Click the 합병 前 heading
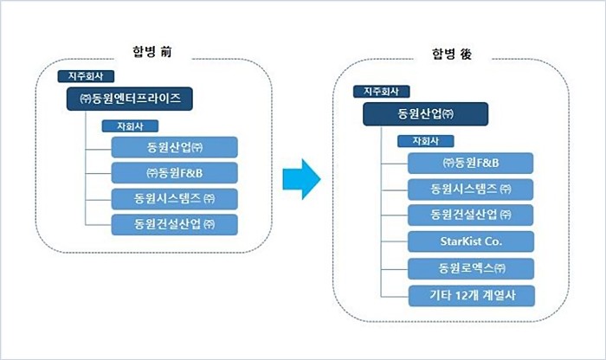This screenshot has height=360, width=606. click(x=151, y=51)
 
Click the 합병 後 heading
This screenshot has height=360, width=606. click(x=452, y=54)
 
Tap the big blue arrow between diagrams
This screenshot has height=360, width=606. click(x=301, y=179)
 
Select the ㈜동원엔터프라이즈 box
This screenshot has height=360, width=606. click(x=130, y=99)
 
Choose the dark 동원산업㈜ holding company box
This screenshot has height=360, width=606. click(x=425, y=114)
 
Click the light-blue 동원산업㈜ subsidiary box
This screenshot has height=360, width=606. click(x=174, y=147)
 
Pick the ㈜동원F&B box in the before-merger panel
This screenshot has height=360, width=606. click(x=174, y=173)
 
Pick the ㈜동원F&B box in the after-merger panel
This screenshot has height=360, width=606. click(x=470, y=163)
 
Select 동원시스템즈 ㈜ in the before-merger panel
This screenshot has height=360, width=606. click(x=174, y=199)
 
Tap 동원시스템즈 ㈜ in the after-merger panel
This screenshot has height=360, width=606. click(x=470, y=190)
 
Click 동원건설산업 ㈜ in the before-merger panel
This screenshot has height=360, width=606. click(x=174, y=225)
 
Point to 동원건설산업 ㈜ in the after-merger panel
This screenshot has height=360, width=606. click(x=470, y=215)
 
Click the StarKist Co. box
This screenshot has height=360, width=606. click(x=471, y=241)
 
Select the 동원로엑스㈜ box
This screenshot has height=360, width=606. click(x=471, y=269)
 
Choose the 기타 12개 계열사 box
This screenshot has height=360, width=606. click(x=472, y=296)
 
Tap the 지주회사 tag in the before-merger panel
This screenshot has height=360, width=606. click(x=86, y=76)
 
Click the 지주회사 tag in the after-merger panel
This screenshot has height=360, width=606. click(x=381, y=92)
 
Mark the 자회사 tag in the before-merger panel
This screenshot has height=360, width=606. click(x=130, y=126)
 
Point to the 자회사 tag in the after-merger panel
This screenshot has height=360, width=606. click(x=426, y=141)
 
